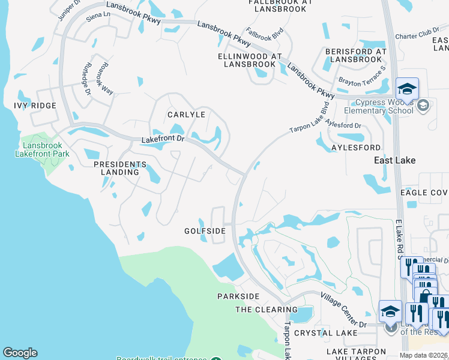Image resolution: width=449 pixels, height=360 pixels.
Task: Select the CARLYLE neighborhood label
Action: point(187,115)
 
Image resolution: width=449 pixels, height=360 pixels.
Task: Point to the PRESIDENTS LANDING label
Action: point(120,168)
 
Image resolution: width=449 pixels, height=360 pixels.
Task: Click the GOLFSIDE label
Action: point(205,230)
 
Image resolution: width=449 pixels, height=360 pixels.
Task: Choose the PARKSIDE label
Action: point(238,296)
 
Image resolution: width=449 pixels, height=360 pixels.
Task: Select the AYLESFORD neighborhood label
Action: point(356,147)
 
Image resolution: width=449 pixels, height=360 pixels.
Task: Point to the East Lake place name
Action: point(394,160)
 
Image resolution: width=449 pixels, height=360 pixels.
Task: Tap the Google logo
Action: point(20,353)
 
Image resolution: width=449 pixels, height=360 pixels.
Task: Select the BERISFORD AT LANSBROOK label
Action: point(356,55)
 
